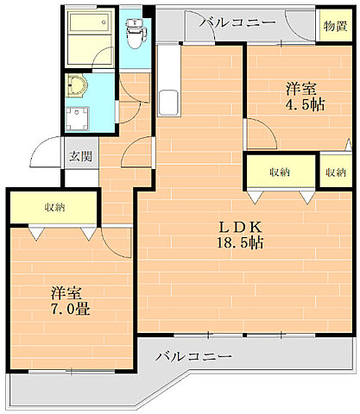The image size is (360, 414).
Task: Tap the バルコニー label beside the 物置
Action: [237, 23]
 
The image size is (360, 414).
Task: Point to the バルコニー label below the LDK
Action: [193, 355]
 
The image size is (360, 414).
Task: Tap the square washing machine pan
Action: [83, 119]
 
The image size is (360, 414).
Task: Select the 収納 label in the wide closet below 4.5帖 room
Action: [279, 172]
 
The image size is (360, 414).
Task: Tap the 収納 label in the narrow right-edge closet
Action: [336, 172]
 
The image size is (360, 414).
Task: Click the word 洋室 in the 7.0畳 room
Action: [66, 292]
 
